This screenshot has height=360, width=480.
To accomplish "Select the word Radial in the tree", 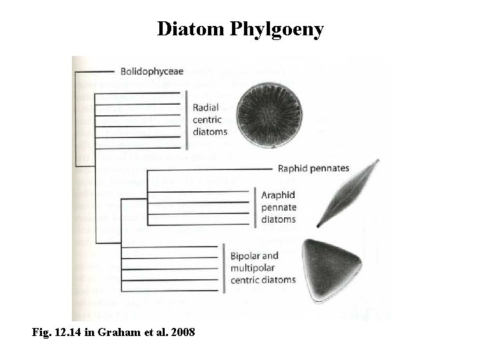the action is point(205,108).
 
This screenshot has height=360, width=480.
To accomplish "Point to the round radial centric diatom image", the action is point(269,115).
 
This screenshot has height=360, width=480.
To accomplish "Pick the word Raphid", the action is point(292,169).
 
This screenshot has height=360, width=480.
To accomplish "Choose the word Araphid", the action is point(279,195).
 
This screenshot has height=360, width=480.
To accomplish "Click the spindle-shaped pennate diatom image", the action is point(347,193).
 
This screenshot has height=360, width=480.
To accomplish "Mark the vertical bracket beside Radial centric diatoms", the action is point(187,120).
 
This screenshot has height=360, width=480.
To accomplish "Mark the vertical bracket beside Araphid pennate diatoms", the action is point(254,207).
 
